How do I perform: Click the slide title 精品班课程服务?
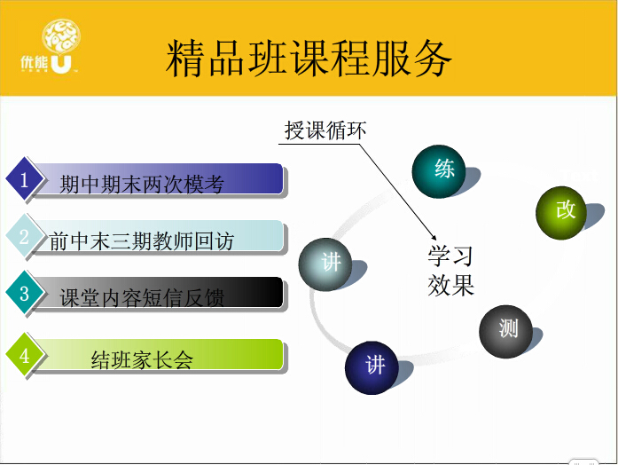point(309,58)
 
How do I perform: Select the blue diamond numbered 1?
point(25,180)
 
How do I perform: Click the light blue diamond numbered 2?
point(25,237)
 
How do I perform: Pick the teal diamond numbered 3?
point(25,293)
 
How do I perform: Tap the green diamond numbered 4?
point(25,355)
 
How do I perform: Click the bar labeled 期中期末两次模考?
point(158,179)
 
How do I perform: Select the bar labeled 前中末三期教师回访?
point(158,237)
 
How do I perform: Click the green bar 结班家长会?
point(158,355)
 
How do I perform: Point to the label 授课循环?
point(325,130)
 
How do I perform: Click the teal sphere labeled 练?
point(439,171)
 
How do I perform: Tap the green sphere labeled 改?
point(561,213)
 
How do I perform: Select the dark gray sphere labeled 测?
point(505,331)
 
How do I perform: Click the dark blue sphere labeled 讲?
point(372,367)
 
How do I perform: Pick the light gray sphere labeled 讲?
point(325,264)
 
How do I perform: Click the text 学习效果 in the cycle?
point(451,270)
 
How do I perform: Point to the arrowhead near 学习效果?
point(434,238)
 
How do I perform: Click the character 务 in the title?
point(432,59)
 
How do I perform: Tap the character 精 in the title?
point(186,59)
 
